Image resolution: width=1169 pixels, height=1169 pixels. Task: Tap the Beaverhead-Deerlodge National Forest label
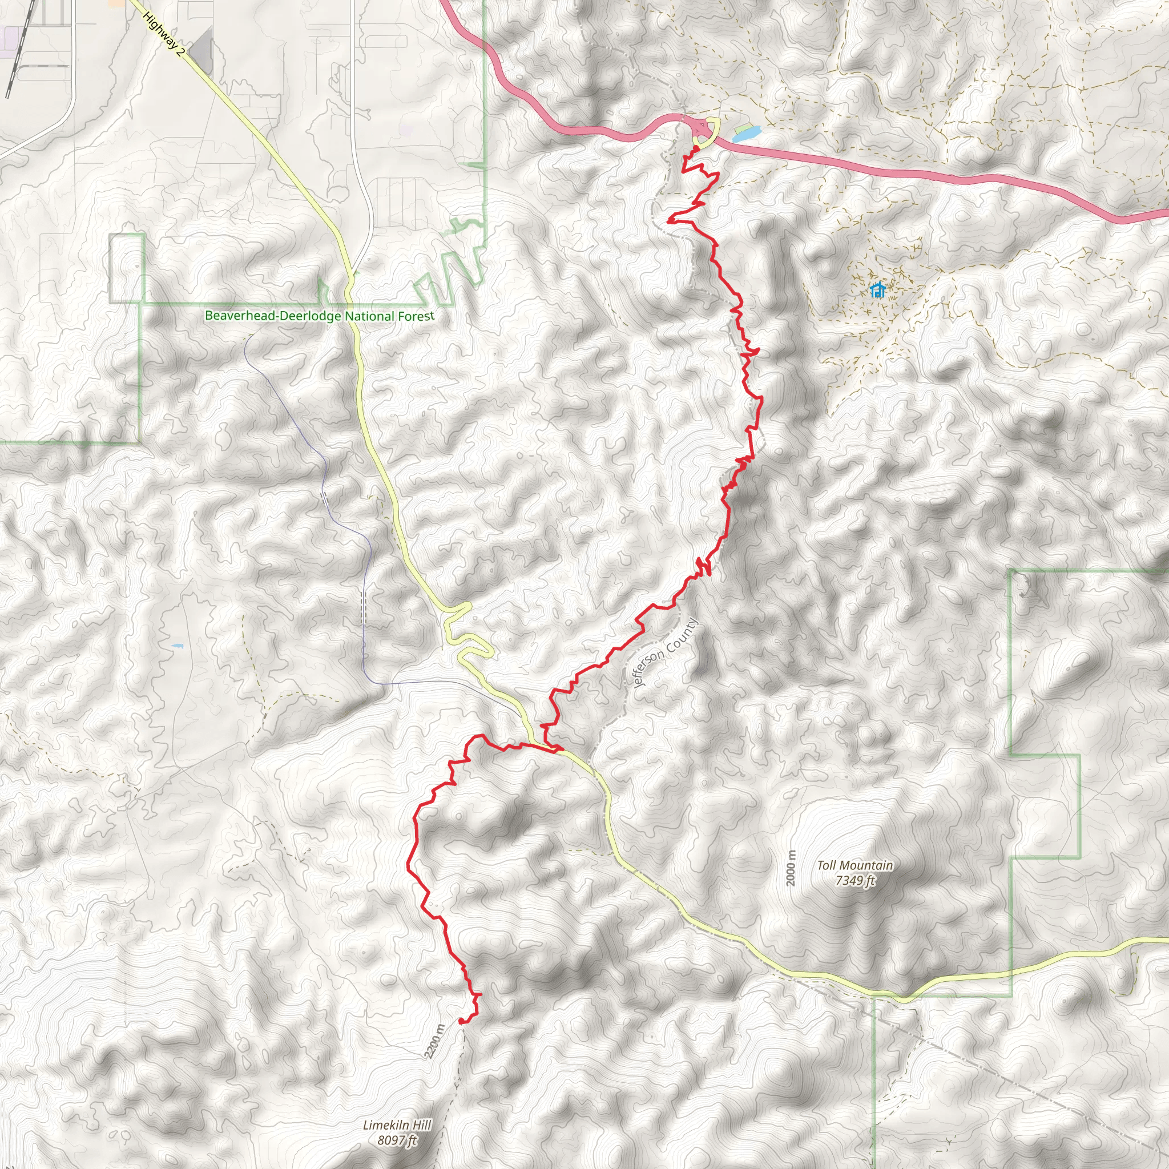pyautogui.click(x=320, y=316)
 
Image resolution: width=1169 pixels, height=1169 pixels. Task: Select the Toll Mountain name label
pyautogui.click(x=854, y=866)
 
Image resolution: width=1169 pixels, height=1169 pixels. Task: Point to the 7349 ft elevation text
pyautogui.click(x=854, y=880)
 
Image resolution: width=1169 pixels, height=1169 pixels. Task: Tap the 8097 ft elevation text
pyautogui.click(x=397, y=1140)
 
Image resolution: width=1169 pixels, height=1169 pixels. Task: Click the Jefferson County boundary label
pyautogui.click(x=664, y=654)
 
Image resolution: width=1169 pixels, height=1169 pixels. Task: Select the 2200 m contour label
pyautogui.click(x=434, y=1041)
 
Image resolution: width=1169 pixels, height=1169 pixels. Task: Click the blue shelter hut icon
pyautogui.click(x=877, y=291)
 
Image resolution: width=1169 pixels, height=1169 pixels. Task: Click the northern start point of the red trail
pyautogui.click(x=696, y=148)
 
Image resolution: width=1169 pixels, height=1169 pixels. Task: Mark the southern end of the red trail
pyautogui.click(x=462, y=1021)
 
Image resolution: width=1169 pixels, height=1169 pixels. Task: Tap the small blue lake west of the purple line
pyautogui.click(x=177, y=646)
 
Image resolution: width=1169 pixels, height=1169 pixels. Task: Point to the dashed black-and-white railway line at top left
pyautogui.click(x=17, y=54)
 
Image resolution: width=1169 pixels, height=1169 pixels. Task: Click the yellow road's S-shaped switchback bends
pyautogui.click(x=466, y=635)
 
